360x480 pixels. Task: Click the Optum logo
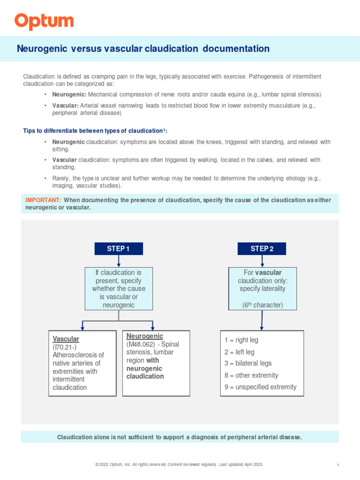44,22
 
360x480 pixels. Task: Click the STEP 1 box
119,249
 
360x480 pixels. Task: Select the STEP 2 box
262,249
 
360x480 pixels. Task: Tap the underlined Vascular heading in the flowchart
66,339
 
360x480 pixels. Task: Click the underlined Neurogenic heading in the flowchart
145,336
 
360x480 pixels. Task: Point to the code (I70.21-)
65,347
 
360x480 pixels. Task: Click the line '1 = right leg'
241,340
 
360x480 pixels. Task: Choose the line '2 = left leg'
240,352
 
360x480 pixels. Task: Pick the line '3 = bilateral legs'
248,363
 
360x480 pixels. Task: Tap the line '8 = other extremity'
251,375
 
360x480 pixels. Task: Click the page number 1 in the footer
338,465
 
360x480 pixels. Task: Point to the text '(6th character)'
262,305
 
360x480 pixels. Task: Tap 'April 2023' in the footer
252,464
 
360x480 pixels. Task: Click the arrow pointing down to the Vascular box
83,325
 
